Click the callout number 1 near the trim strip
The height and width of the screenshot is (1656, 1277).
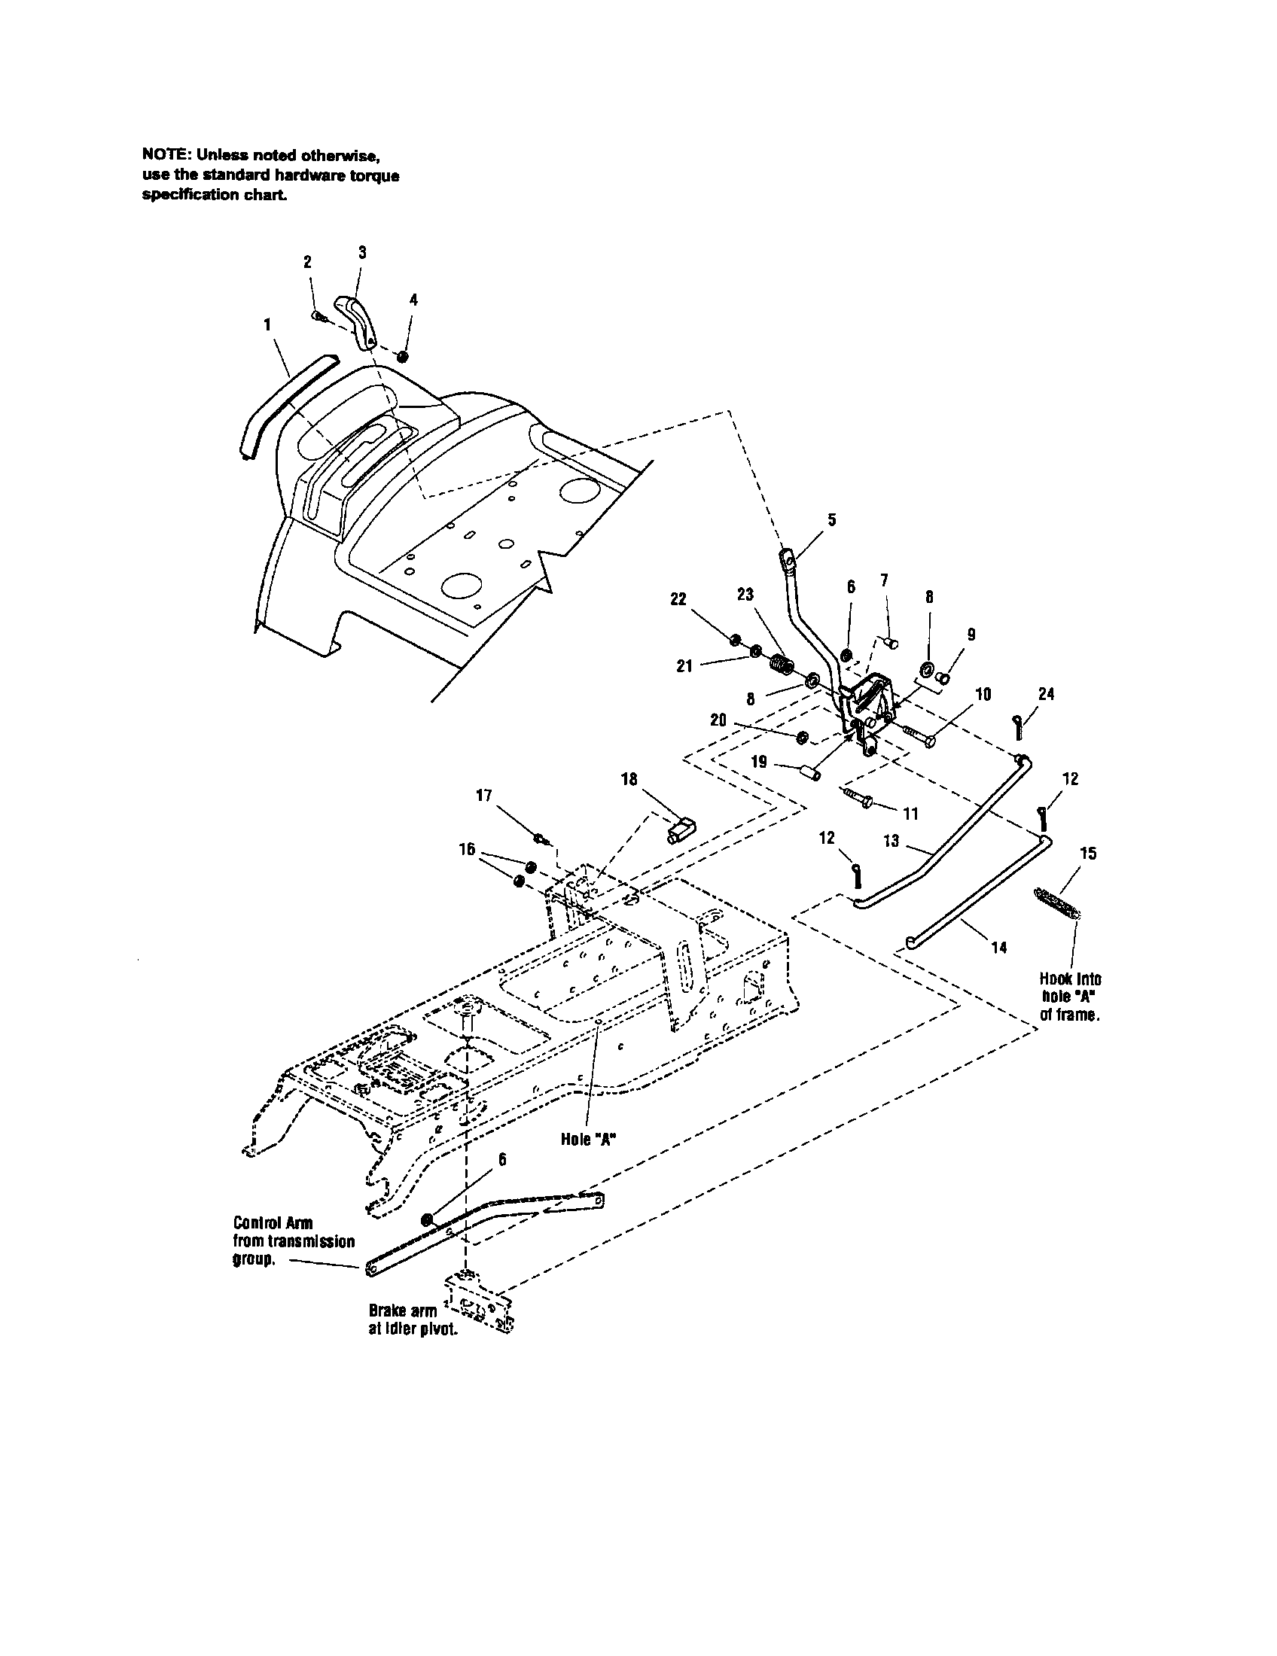click(267, 324)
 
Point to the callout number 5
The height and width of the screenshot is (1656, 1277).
click(832, 519)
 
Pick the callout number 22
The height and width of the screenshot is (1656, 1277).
click(678, 598)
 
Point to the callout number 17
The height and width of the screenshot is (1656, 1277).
click(484, 796)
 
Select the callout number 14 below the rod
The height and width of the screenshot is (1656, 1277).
click(998, 947)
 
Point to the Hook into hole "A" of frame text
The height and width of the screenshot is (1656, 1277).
click(1069, 997)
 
